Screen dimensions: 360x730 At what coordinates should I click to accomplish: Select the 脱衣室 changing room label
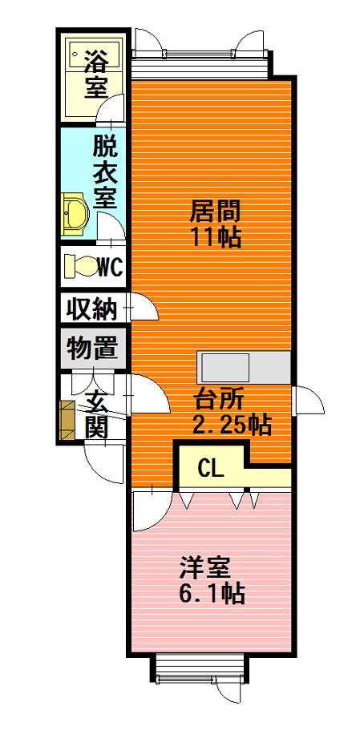point(104,171)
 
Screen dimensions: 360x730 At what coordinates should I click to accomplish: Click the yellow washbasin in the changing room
point(75,214)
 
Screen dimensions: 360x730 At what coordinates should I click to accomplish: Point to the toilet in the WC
point(79,267)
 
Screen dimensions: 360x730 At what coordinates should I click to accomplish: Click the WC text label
point(111,267)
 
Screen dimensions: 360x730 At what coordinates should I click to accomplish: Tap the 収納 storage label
point(91,309)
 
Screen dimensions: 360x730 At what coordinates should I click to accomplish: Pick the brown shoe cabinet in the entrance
point(68,421)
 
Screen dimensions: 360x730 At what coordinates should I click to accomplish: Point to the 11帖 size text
point(216,237)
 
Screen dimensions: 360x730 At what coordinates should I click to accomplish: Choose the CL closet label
point(211,468)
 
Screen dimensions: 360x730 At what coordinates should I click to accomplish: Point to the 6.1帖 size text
point(212,593)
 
